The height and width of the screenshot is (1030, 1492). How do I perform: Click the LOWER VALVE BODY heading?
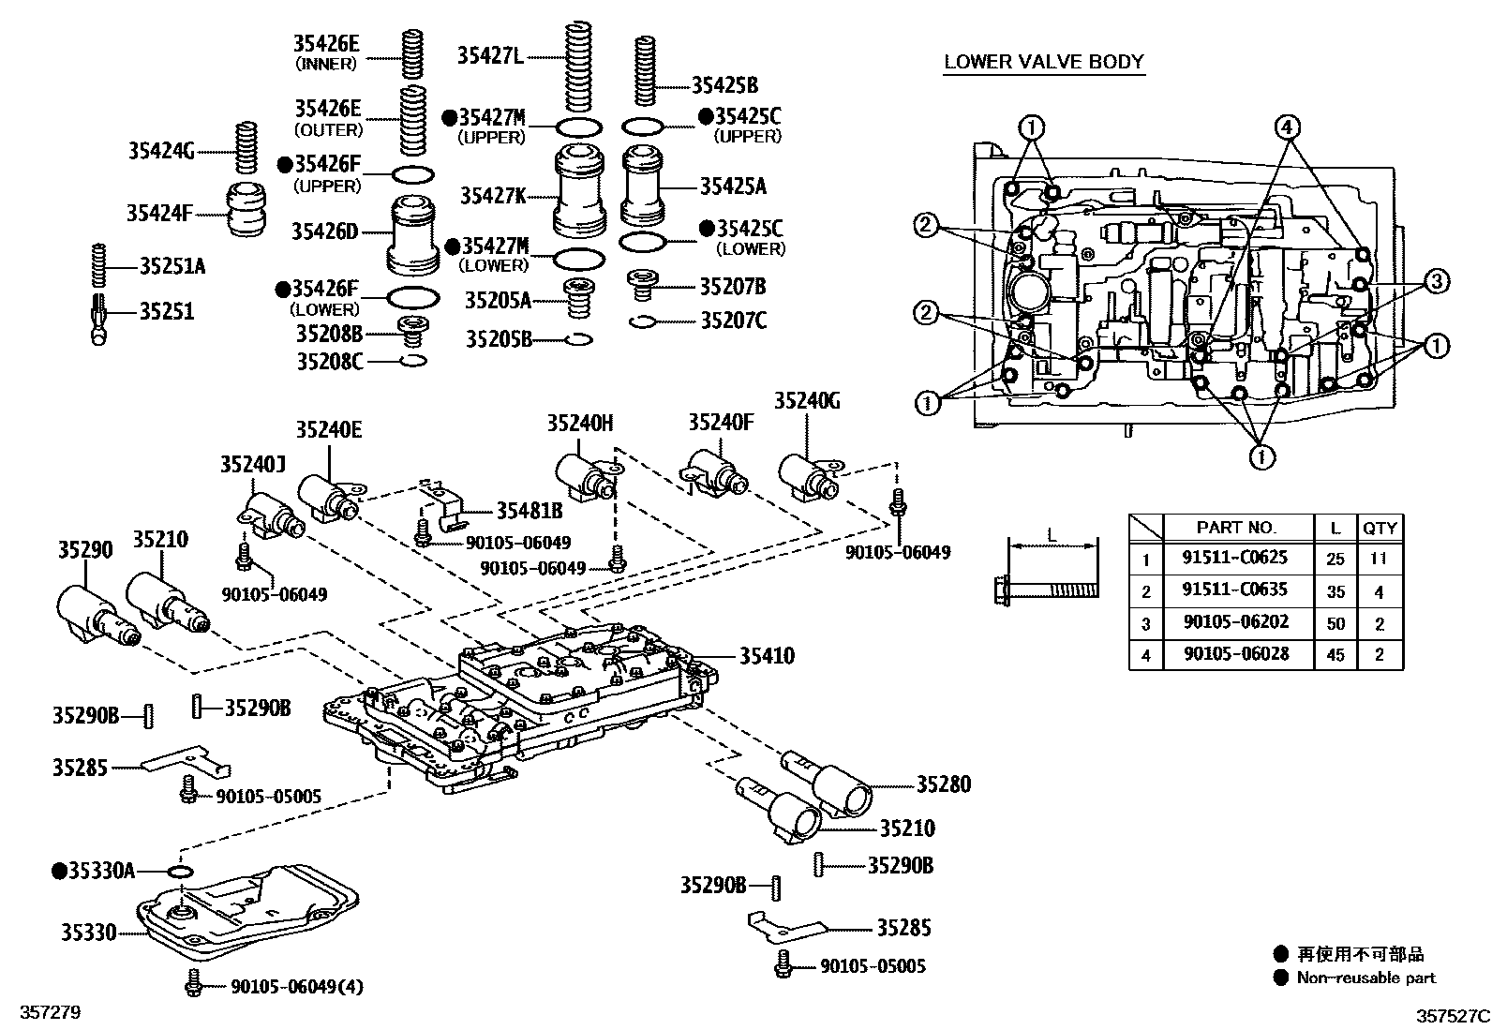[1043, 62]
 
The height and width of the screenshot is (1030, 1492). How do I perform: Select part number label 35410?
[766, 655]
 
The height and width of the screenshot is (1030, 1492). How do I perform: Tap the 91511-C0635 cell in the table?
[1234, 590]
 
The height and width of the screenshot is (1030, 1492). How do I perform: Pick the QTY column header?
[1380, 528]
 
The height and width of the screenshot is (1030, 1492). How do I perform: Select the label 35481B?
[529, 511]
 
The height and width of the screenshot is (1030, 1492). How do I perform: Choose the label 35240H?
[580, 424]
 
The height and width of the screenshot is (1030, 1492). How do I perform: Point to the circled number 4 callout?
[1288, 127]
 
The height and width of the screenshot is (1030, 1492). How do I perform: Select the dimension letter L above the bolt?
[1052, 536]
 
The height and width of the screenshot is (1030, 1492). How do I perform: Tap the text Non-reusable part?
[1365, 978]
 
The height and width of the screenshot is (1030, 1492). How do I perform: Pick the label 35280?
[943, 784]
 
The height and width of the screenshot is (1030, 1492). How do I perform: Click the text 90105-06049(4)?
[297, 986]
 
